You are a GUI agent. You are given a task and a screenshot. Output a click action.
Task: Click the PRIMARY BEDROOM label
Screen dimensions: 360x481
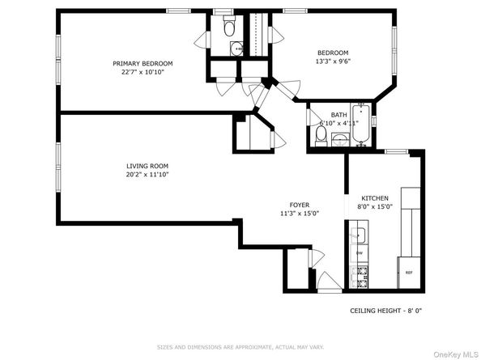tap(143, 63)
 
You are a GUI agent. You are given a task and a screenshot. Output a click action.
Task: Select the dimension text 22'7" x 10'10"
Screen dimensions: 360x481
tap(143, 72)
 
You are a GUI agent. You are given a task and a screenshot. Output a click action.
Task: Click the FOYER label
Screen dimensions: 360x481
tap(300, 205)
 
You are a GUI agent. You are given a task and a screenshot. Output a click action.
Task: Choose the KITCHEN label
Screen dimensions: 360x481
tap(375, 197)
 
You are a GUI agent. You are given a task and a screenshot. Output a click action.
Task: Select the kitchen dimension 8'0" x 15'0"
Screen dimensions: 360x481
tap(375, 206)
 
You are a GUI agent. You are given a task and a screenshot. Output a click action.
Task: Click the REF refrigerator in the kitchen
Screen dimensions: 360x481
tap(409, 273)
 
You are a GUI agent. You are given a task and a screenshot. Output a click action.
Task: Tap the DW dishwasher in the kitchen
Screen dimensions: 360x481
tap(359, 253)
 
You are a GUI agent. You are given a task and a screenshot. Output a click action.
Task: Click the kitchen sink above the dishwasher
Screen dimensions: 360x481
tap(358, 236)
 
